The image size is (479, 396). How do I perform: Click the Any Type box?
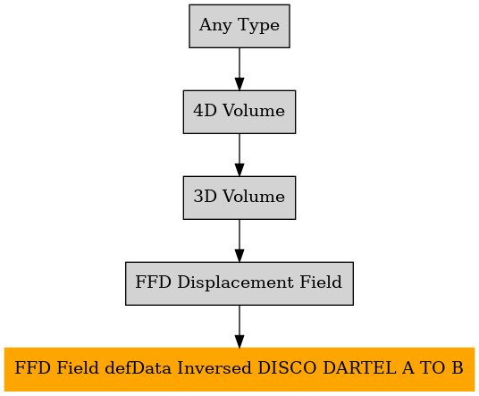[x=239, y=26]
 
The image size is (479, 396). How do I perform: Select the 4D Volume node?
[x=239, y=112]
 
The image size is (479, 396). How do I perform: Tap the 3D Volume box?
[x=239, y=198]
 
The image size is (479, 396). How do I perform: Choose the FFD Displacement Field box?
[x=239, y=283]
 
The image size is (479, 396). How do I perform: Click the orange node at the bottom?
[x=239, y=369]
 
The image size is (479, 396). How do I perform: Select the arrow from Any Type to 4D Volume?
[x=239, y=69]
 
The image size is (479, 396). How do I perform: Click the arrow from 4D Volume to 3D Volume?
[x=239, y=155]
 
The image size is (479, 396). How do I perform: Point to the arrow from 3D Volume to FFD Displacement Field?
[x=239, y=240]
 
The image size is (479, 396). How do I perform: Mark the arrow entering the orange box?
[x=239, y=326]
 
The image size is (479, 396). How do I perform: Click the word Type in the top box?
[x=258, y=25]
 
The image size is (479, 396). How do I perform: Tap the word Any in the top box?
[x=215, y=25]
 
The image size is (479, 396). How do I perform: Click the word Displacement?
[x=235, y=282]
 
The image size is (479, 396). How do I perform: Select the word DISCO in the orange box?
[x=287, y=367]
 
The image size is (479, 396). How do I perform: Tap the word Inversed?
[x=214, y=367]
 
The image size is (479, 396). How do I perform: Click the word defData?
[x=139, y=367]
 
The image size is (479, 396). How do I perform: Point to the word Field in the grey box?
[x=321, y=282]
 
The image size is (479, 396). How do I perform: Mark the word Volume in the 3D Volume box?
[x=254, y=196]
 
